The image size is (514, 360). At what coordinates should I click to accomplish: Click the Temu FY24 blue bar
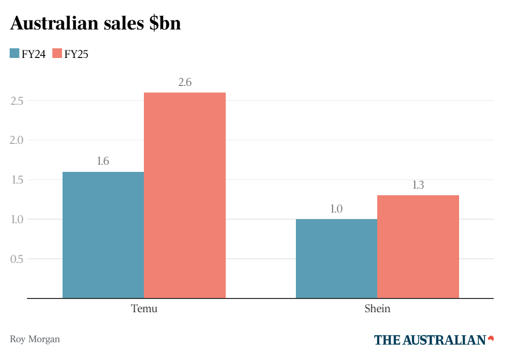point(103,235)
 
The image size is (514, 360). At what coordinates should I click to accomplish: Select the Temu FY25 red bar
point(185,195)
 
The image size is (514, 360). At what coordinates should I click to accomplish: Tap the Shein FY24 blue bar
point(337,259)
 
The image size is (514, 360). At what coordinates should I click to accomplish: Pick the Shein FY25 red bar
point(418,247)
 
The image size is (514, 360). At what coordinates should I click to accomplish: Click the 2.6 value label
point(185,82)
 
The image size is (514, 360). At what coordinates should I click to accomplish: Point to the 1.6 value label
point(103,162)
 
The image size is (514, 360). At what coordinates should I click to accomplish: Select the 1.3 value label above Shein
point(418,185)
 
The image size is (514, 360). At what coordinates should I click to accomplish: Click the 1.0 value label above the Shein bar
point(337,209)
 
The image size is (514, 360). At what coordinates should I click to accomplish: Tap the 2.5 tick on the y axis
point(17,101)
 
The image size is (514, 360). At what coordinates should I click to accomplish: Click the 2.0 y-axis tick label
point(17,140)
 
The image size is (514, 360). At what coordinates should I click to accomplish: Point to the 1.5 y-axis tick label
point(17,180)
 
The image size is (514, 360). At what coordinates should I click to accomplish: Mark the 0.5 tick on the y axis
point(17,259)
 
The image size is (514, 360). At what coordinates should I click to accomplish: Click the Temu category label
point(144,309)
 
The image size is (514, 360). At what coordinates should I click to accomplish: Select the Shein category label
point(377,309)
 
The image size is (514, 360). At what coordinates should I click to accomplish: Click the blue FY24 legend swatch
point(15,53)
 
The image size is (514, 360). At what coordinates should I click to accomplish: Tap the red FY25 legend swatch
point(57,53)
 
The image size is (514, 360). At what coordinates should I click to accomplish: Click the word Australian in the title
point(57,23)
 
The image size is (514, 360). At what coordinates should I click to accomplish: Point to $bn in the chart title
point(165,23)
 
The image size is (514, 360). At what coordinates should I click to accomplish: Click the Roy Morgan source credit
point(35,339)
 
